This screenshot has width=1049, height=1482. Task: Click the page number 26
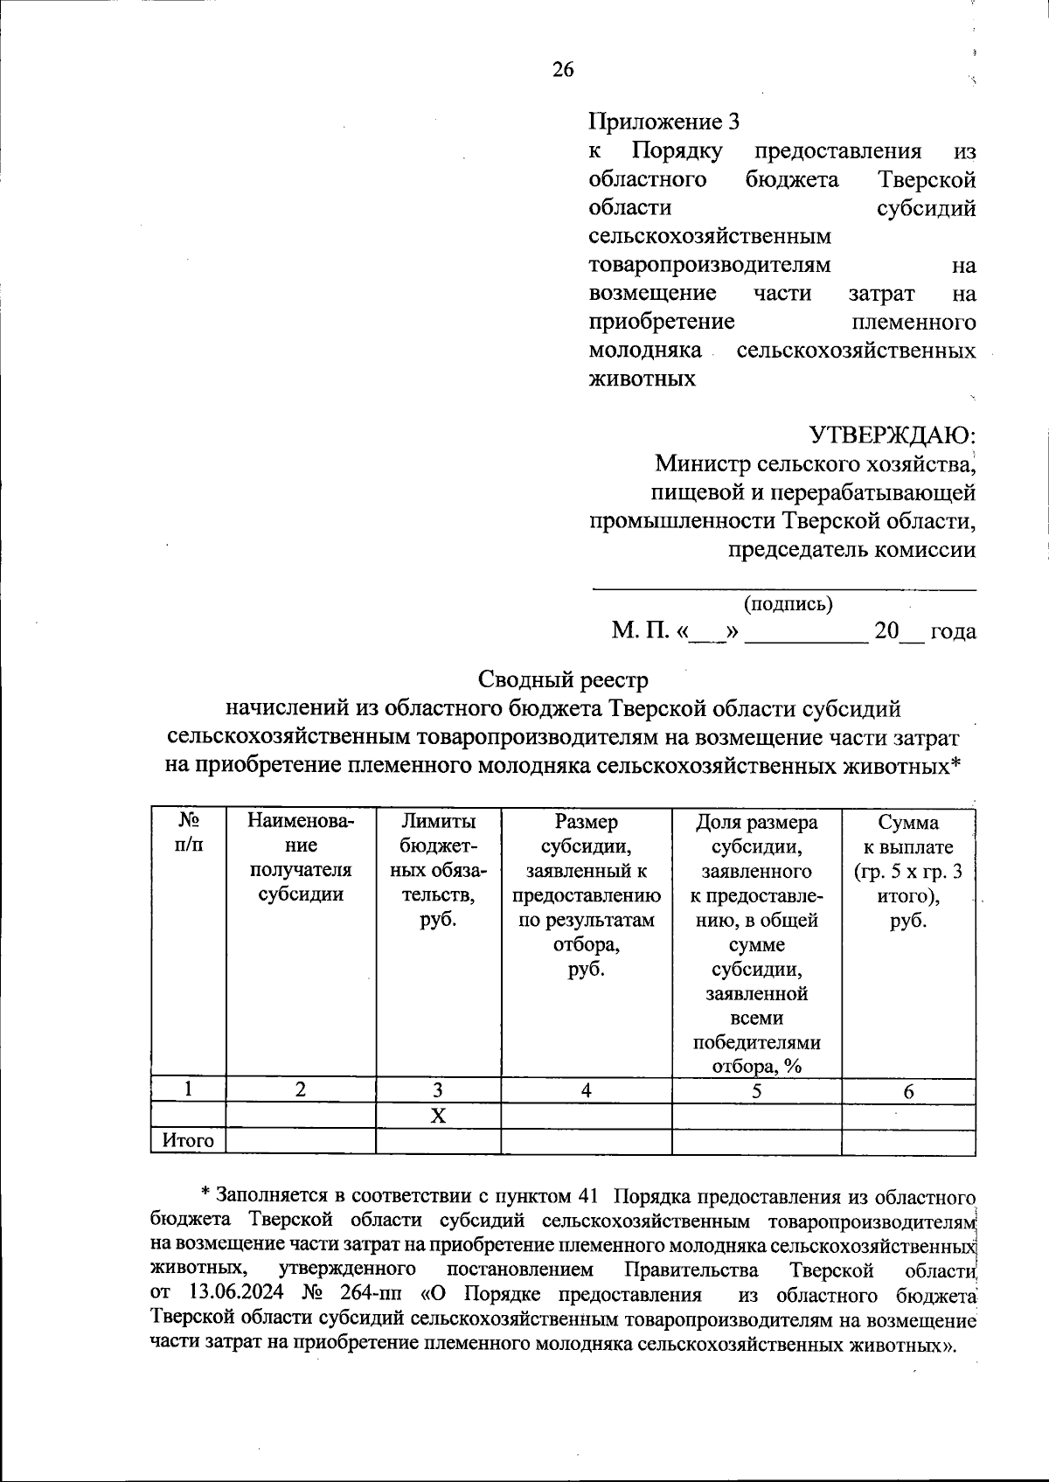point(563,71)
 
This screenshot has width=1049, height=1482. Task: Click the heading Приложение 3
point(663,122)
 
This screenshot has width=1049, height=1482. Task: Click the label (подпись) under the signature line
point(788,603)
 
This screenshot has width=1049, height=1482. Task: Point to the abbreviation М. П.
point(639,631)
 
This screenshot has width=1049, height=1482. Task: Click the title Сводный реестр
point(564,679)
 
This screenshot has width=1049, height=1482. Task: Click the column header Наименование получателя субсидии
point(301,858)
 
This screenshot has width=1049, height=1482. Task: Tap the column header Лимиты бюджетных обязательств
point(438,870)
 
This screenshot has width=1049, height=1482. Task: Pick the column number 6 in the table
point(908,1090)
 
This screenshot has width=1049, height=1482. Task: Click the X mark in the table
point(438,1117)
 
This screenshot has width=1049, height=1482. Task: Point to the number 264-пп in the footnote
point(372,1295)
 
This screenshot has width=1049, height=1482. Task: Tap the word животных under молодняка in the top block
point(643,379)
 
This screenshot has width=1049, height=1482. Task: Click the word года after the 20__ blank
point(953,631)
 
